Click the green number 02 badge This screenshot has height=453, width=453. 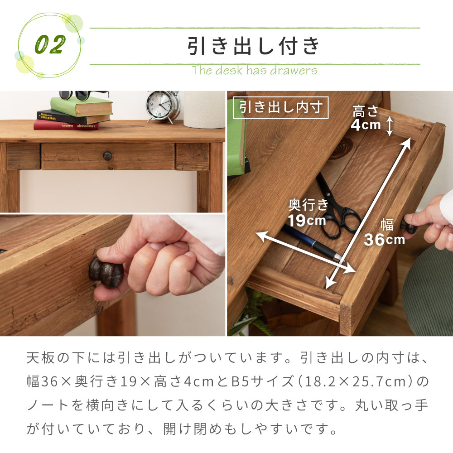tap(49, 44)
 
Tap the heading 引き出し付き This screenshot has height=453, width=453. tap(254, 46)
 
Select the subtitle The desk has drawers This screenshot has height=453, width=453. tap(254, 71)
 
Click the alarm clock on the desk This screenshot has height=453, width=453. tap(162, 106)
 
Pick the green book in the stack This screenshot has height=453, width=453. tap(82, 107)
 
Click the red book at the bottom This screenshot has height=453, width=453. tap(66, 125)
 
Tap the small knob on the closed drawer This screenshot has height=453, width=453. tap(108, 156)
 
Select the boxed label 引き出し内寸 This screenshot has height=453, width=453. tap(281, 108)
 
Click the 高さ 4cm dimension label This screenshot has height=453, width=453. tap(366, 118)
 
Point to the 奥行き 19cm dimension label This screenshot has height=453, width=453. tap(308, 212)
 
